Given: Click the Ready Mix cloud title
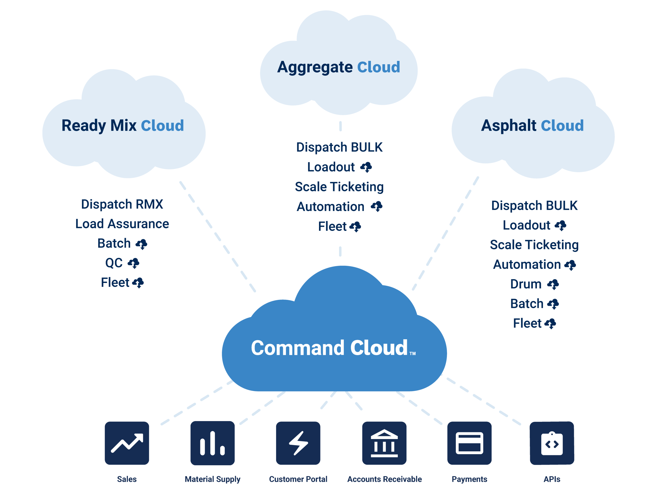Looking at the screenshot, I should pos(99,125).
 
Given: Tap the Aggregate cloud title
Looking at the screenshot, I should pos(315,67).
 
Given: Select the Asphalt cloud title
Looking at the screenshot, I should pos(508,125).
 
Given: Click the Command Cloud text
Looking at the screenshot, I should pos(329,348).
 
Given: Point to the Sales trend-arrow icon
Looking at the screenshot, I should pos(127,443).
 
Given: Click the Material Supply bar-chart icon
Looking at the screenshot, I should pos(212,443).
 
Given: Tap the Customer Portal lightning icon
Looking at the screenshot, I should pos(298,443).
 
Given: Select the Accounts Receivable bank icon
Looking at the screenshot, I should pos(384,443).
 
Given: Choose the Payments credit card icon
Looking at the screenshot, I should pos(469,443).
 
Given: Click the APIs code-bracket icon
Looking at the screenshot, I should pos(552,443).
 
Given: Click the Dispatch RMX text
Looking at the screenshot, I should pos(122,204).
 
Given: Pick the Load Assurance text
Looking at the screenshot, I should pos(122,224).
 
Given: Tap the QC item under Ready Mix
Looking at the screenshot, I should pos(114,263).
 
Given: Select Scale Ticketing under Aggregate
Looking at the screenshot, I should pos(339,187).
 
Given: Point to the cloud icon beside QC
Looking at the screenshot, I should pos(133,263).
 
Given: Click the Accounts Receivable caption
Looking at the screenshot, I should pos(384,479).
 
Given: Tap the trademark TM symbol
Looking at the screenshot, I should pos(413,354).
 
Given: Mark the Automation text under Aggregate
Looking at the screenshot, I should pos(330,207).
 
